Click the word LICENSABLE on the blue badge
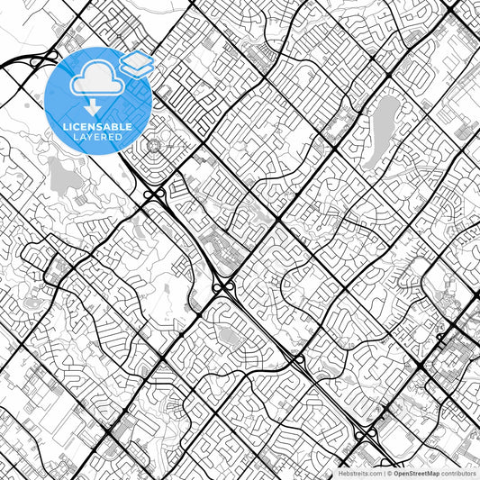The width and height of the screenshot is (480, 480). [98, 126]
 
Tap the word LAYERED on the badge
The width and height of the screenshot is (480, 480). [98, 137]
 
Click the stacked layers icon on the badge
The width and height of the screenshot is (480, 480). [137, 64]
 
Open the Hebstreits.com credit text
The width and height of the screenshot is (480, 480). [358, 473]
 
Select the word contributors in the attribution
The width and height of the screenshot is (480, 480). [457, 473]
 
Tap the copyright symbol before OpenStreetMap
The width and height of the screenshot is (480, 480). [389, 473]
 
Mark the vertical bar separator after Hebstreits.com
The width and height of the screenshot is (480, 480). [383, 473]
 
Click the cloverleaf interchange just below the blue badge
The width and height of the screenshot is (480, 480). [152, 193]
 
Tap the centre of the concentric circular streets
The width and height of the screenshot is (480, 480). [153, 146]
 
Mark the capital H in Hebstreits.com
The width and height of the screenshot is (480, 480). [340, 473]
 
